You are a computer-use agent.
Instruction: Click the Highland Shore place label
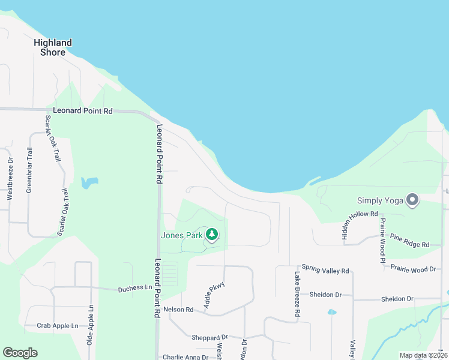(53, 47)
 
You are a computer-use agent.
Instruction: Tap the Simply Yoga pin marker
(412, 200)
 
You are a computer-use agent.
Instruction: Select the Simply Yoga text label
(380, 201)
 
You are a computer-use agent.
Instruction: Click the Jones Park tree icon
(211, 235)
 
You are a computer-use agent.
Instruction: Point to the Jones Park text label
(182, 235)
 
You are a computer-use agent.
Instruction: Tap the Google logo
(20, 353)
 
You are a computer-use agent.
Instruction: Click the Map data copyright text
(423, 355)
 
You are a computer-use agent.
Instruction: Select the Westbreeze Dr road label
(10, 178)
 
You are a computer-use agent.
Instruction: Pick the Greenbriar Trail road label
(29, 170)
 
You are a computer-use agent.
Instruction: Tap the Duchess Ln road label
(135, 288)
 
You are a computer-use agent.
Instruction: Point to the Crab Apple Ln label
(58, 326)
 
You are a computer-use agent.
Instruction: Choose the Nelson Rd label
(178, 310)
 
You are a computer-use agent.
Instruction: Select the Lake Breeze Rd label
(297, 294)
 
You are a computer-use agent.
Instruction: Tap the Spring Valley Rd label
(325, 271)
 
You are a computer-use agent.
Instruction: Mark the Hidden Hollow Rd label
(359, 227)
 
